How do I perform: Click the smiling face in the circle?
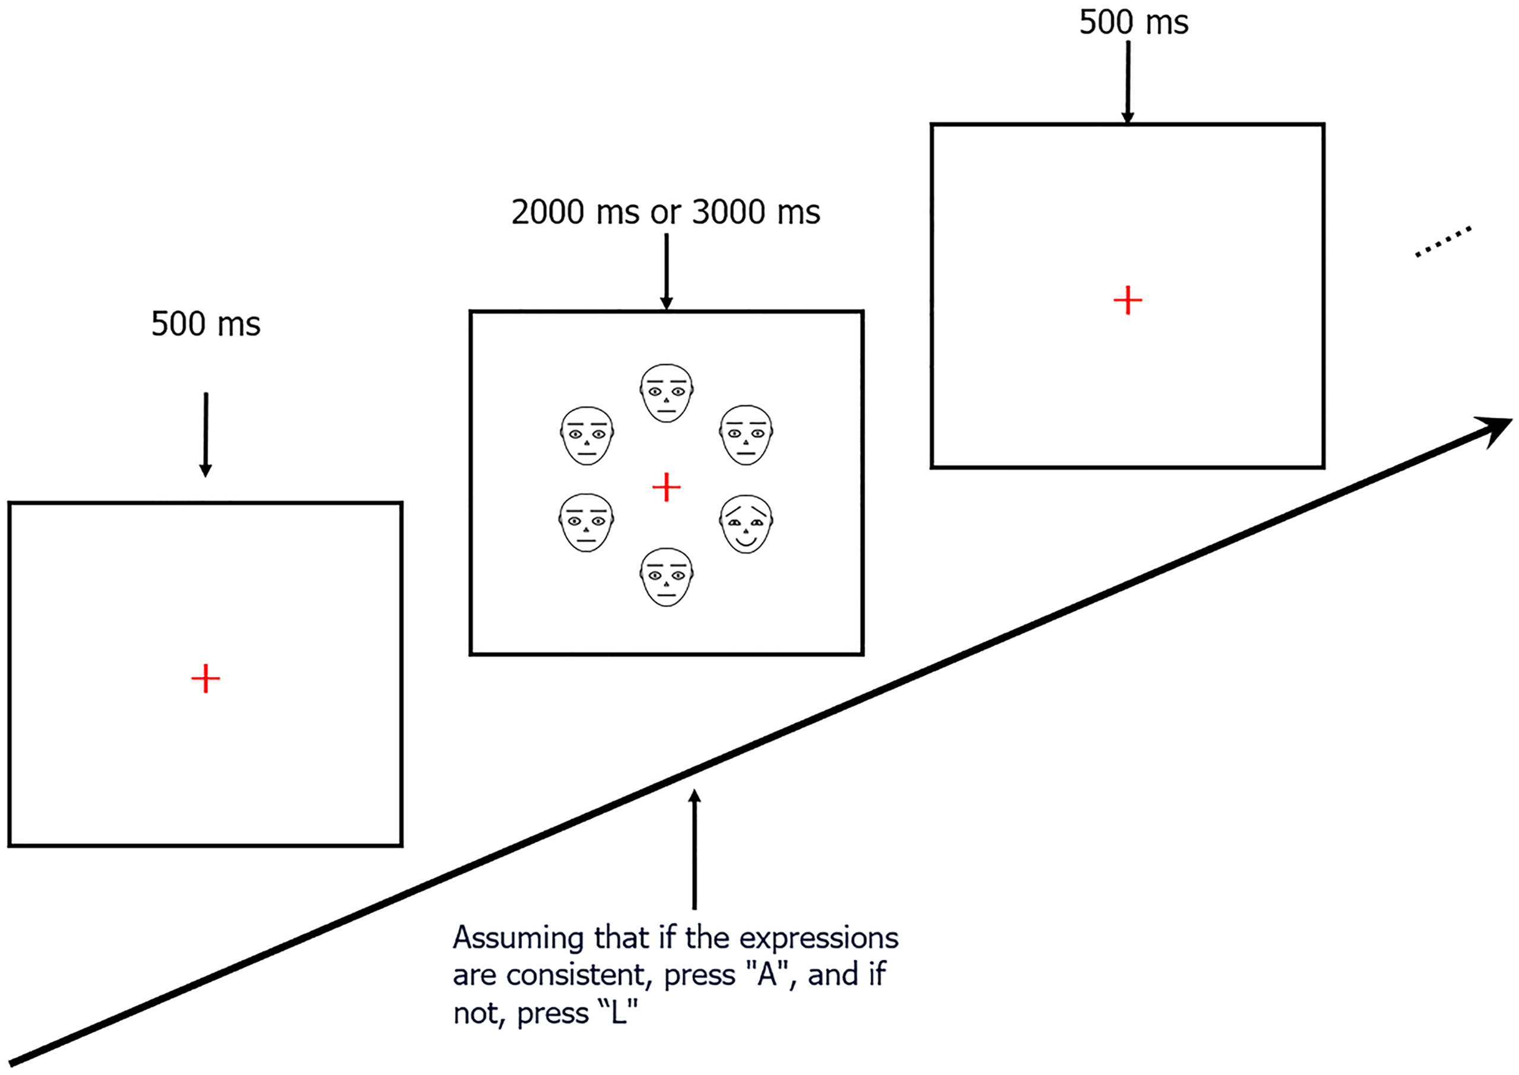(746, 524)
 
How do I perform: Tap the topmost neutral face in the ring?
(667, 392)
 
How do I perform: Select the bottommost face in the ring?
(667, 576)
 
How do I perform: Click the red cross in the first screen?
(205, 678)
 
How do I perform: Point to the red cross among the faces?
(666, 487)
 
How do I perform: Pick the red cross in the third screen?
(1127, 300)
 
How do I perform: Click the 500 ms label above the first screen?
(206, 324)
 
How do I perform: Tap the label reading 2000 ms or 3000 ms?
(666, 213)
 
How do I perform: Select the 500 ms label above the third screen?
(1134, 23)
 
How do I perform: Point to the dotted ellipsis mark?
(1443, 242)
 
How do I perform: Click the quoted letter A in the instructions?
(767, 976)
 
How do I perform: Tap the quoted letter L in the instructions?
(618, 1013)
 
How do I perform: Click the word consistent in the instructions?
(585, 976)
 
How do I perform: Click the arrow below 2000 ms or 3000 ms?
(666, 271)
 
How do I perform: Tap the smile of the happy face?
(746, 543)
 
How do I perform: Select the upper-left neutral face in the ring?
(586, 435)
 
